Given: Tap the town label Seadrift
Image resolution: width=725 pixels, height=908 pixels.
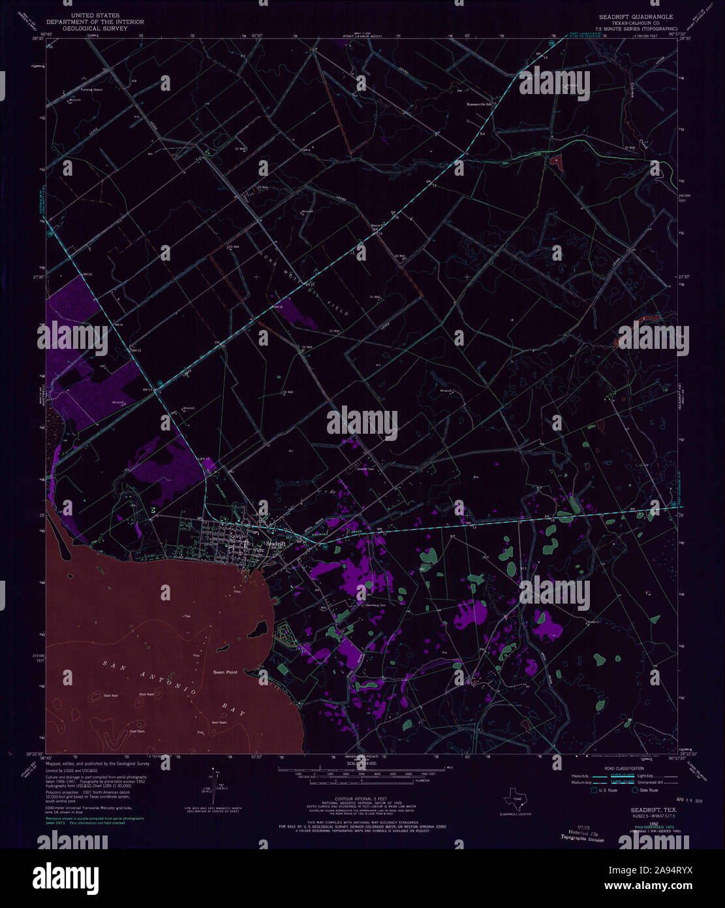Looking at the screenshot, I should (275, 543).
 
